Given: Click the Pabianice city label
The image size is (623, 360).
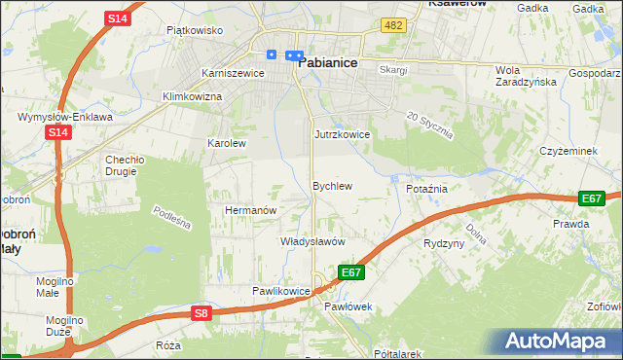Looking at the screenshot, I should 328,61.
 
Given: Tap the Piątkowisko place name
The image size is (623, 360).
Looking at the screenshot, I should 195,30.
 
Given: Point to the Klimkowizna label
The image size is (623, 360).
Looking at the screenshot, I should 193,97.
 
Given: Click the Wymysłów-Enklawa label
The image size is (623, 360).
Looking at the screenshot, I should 62,117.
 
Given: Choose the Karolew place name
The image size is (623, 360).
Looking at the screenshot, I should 227,143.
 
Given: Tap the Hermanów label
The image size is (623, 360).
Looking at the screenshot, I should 252,210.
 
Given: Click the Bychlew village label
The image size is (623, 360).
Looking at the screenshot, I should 331,185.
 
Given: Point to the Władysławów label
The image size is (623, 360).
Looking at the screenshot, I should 313,241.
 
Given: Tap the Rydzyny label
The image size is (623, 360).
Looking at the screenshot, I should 444,243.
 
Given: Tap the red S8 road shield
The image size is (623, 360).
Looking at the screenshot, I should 201,313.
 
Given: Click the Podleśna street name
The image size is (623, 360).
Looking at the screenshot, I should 172,217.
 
